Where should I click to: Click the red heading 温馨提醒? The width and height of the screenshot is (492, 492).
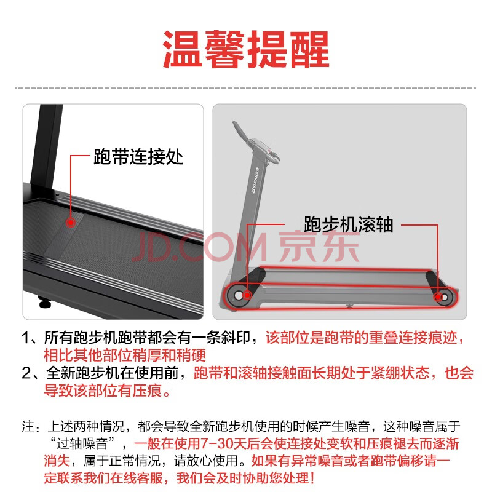point(245,49)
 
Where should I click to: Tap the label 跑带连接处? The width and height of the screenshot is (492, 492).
point(138,157)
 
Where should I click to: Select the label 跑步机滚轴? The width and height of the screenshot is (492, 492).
point(348,224)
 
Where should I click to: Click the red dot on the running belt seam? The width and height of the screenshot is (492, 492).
point(71,223)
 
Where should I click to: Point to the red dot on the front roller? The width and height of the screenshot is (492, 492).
point(247,295)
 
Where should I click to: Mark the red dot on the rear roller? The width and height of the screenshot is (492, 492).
point(438,296)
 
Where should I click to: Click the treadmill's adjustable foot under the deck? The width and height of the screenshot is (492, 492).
point(44,302)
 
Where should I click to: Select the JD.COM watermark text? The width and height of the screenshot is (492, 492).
point(200,247)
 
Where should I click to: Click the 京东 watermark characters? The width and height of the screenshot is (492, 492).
point(319,247)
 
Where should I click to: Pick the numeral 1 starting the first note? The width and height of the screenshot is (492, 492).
point(25,338)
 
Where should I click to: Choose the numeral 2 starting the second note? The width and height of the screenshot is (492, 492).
point(26,373)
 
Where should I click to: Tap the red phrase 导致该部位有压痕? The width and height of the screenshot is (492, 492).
point(103,391)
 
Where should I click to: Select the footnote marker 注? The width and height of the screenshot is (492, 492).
point(28,426)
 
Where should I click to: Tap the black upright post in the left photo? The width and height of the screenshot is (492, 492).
point(47,148)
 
